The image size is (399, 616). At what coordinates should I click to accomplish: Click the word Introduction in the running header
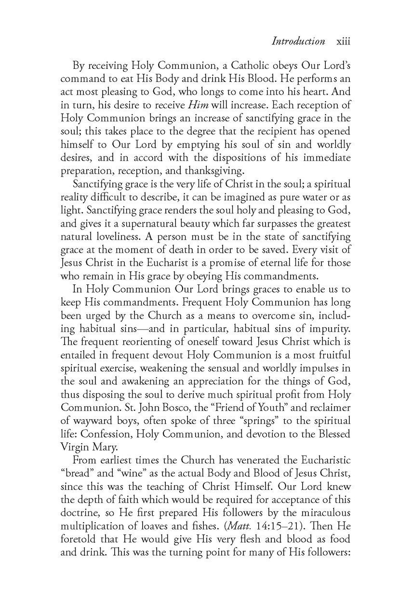click(x=298, y=41)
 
